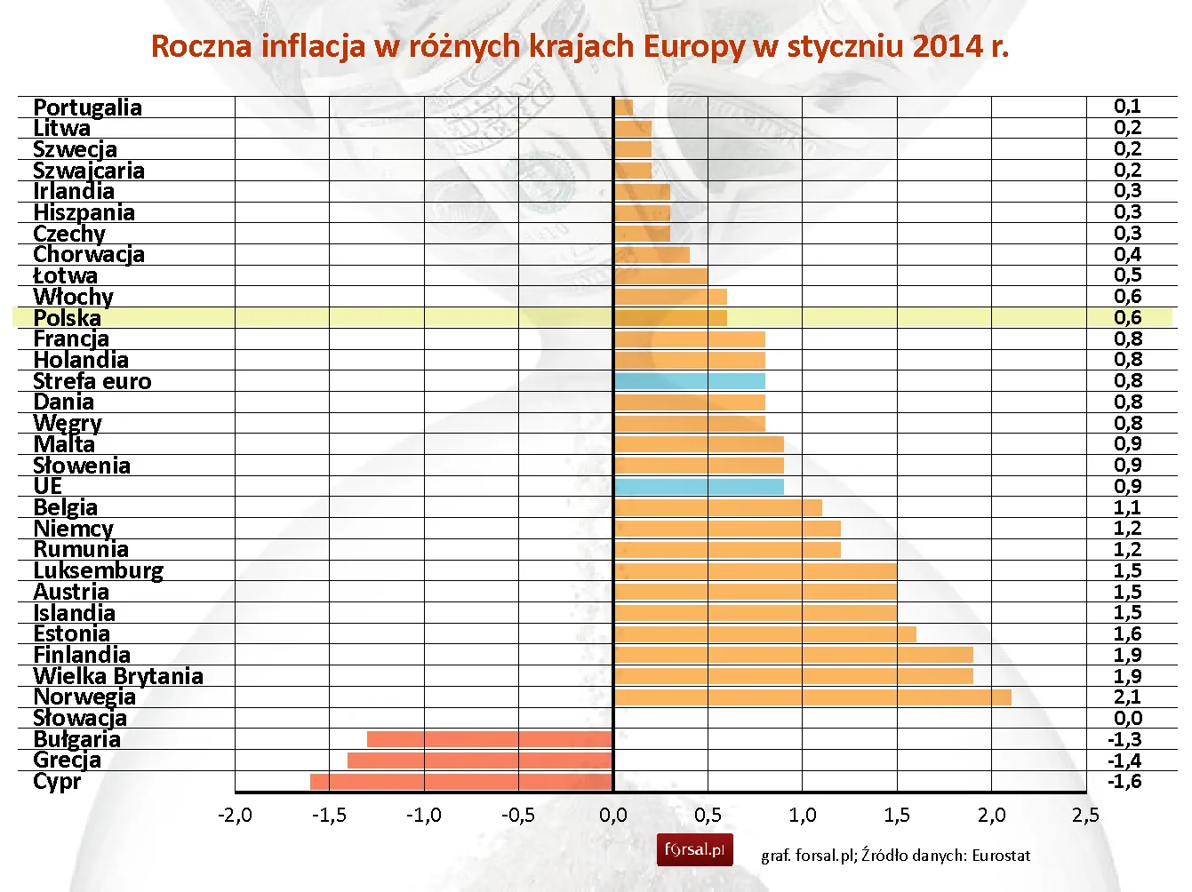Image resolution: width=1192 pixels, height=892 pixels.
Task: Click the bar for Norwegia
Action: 812,697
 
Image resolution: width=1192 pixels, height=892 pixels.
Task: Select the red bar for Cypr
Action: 461,782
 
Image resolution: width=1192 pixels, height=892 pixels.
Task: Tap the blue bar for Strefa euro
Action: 689,381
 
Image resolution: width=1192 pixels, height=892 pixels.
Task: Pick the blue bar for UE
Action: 699,487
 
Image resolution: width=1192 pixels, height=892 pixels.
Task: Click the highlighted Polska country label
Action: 68,318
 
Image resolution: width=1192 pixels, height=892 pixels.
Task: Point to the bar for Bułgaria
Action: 490,739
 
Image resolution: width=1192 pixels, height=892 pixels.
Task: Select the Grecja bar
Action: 480,761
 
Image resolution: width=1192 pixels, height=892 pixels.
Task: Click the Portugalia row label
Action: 87,108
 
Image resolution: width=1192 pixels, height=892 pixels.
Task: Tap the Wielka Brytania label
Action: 118,676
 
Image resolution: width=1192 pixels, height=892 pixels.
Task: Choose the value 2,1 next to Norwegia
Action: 1127,697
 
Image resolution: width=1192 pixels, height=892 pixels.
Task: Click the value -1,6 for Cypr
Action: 1124,782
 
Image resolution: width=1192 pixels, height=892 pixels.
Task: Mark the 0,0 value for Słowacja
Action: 1127,719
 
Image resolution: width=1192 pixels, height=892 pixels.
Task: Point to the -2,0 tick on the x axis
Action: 235,816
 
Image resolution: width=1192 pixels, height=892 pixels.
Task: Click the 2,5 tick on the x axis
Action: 1085,816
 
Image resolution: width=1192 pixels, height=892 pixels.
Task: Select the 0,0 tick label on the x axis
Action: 612,816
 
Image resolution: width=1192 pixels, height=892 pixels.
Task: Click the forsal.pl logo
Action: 694,850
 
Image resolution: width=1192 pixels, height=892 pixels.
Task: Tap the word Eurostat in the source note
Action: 1001,856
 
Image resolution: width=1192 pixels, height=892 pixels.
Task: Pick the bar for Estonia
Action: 764,634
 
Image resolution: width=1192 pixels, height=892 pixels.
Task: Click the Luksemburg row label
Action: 99,571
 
